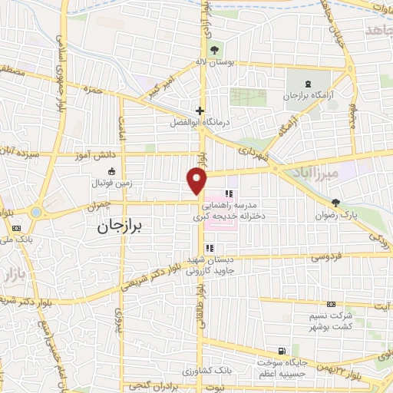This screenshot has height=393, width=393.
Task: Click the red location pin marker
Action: pos(198,181)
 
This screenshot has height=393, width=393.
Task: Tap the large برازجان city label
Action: pos(124,226)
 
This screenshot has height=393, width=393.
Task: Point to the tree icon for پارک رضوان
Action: pos(337,203)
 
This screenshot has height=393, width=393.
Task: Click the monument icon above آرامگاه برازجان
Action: pos(309,84)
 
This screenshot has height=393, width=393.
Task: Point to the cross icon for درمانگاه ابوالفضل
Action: pos(200,110)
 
